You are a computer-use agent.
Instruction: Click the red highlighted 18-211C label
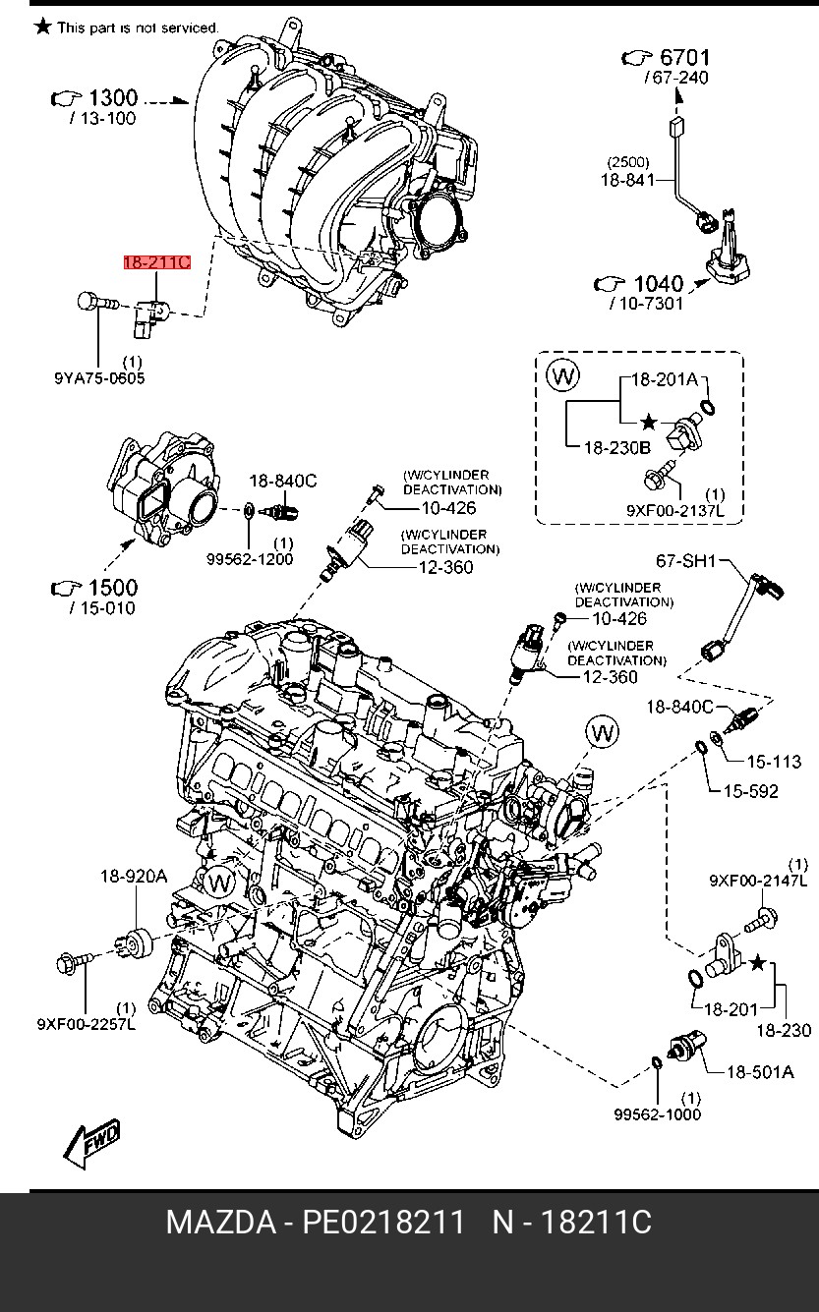pos(157,261)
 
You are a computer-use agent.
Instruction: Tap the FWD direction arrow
pos(92,1142)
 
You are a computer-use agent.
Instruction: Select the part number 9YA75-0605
pos(99,377)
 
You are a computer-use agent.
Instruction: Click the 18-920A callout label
pos(134,877)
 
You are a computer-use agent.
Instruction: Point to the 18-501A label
pos(760,1072)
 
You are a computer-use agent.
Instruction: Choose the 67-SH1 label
pos(686,561)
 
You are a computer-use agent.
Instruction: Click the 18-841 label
pos(627,180)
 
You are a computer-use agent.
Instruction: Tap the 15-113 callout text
pos(774,762)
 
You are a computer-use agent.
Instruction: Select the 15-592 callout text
pos(750,791)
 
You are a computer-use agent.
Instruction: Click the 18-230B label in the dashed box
pos(617,448)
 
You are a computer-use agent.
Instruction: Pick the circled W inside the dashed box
pos(563,374)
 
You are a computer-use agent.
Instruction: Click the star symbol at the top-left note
pos(42,27)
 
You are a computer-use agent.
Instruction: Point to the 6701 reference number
pos(684,57)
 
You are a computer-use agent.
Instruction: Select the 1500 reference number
pos(112,588)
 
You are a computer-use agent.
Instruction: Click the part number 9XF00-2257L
pos(87,1024)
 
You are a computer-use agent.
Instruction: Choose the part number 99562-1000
pos(658,1114)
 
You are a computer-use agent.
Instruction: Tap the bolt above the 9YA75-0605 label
pos(97,303)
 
